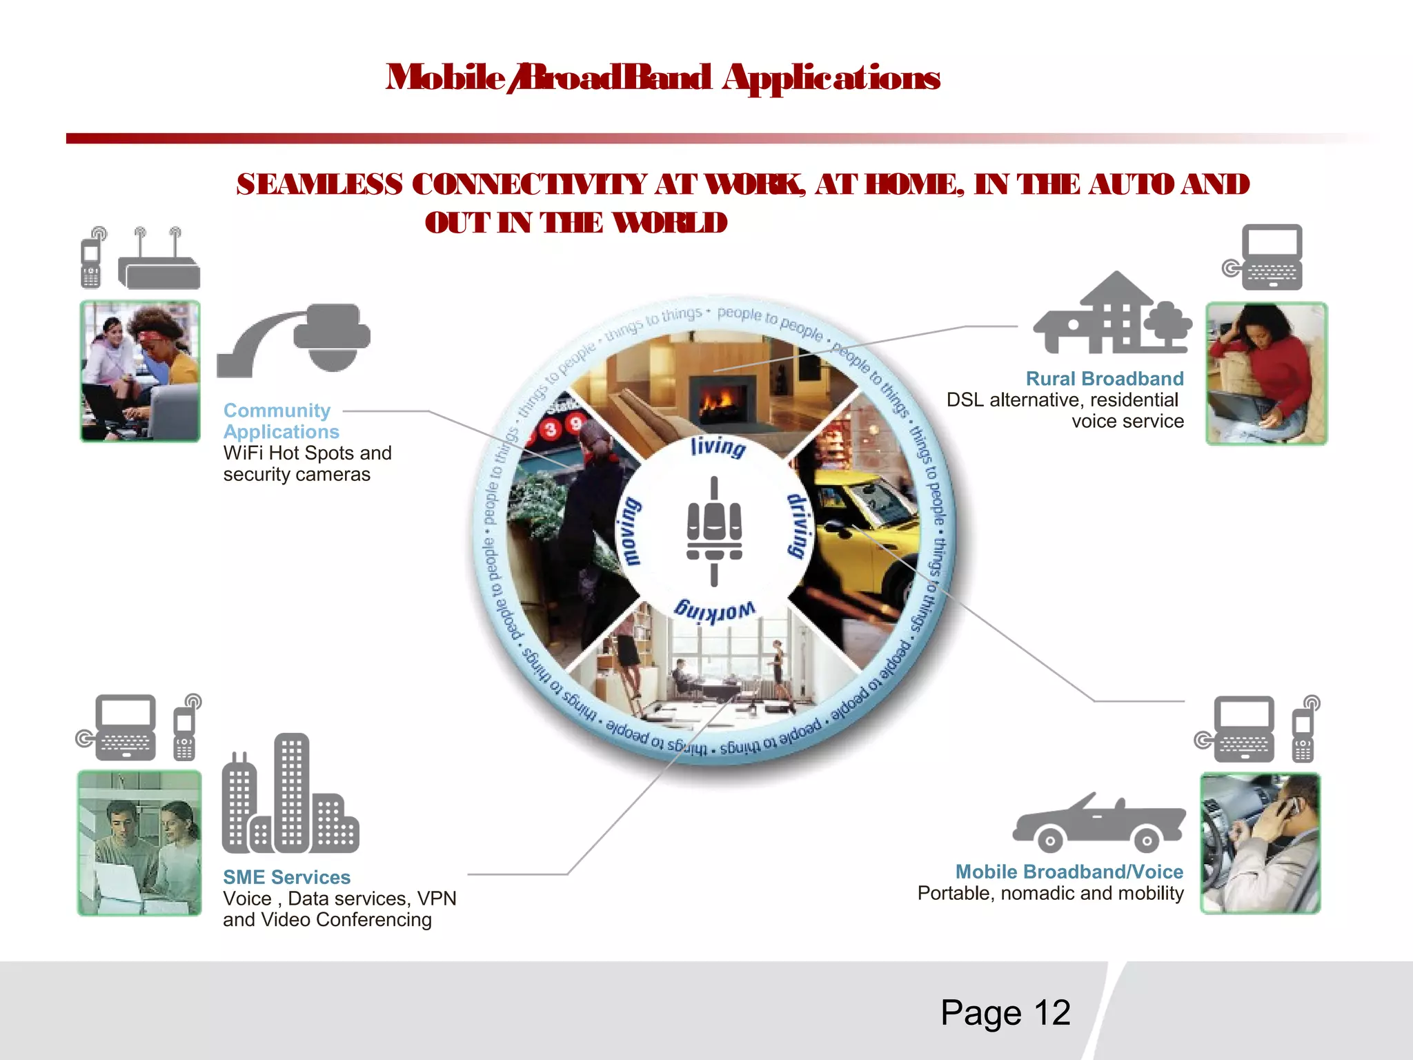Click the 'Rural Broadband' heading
[x=1104, y=379]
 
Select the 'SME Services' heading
[x=286, y=877]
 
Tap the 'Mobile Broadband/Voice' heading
[x=1069, y=872]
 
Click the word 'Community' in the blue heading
[x=277, y=411]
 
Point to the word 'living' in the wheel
[x=718, y=446]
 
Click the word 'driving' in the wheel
[x=798, y=526]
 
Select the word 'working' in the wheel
[x=714, y=611]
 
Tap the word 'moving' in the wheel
[x=630, y=531]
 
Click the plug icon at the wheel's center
[x=714, y=531]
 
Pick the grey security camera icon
[x=297, y=340]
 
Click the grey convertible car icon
[x=1098, y=824]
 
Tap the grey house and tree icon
[x=1112, y=314]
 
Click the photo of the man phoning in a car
[x=1260, y=843]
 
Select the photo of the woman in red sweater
[x=1266, y=373]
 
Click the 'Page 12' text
[x=1005, y=1013]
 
